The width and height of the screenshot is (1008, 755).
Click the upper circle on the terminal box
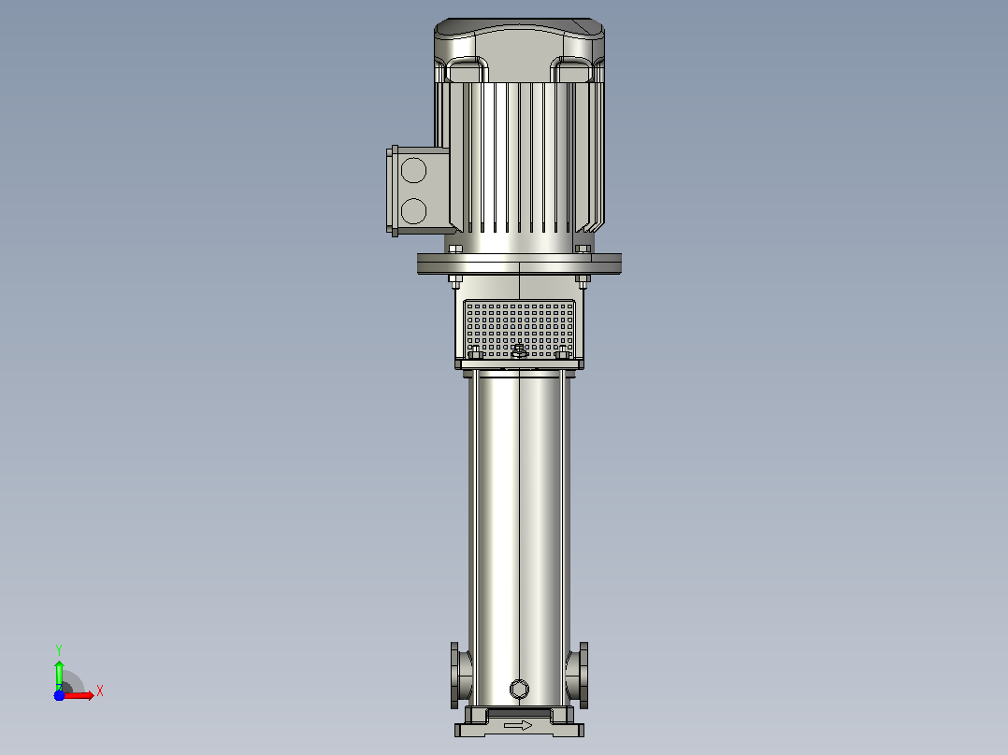click(413, 171)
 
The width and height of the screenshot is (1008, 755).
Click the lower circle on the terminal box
click(413, 211)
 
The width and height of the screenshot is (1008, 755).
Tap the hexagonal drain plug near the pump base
click(519, 690)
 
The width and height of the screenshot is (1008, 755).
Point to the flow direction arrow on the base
click(518, 725)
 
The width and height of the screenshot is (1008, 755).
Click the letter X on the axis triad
click(100, 691)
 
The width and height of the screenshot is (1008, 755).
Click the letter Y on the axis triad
click(59, 649)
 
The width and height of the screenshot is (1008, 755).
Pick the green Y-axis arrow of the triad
click(59, 675)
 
